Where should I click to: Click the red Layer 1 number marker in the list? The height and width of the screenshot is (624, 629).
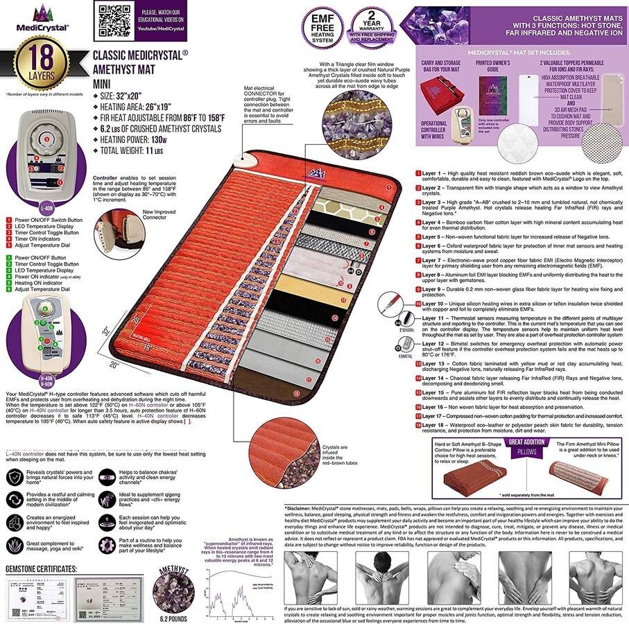418,172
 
